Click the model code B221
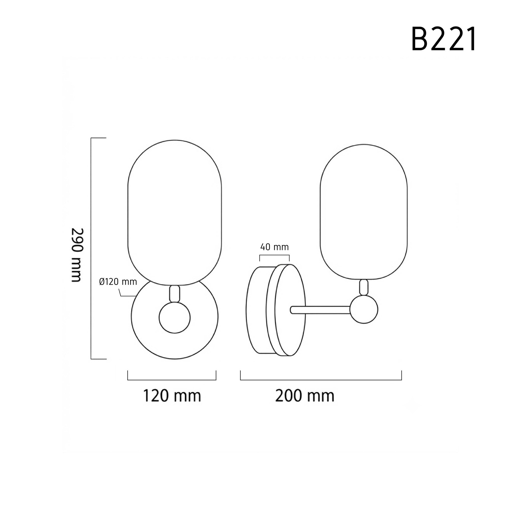[x=444, y=39]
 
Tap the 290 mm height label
[x=77, y=255]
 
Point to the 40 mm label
[x=274, y=247]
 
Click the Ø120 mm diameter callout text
[x=118, y=282]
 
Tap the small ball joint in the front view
[x=175, y=318]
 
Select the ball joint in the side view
[x=364, y=309]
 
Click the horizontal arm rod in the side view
[x=320, y=310]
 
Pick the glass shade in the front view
[x=175, y=213]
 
